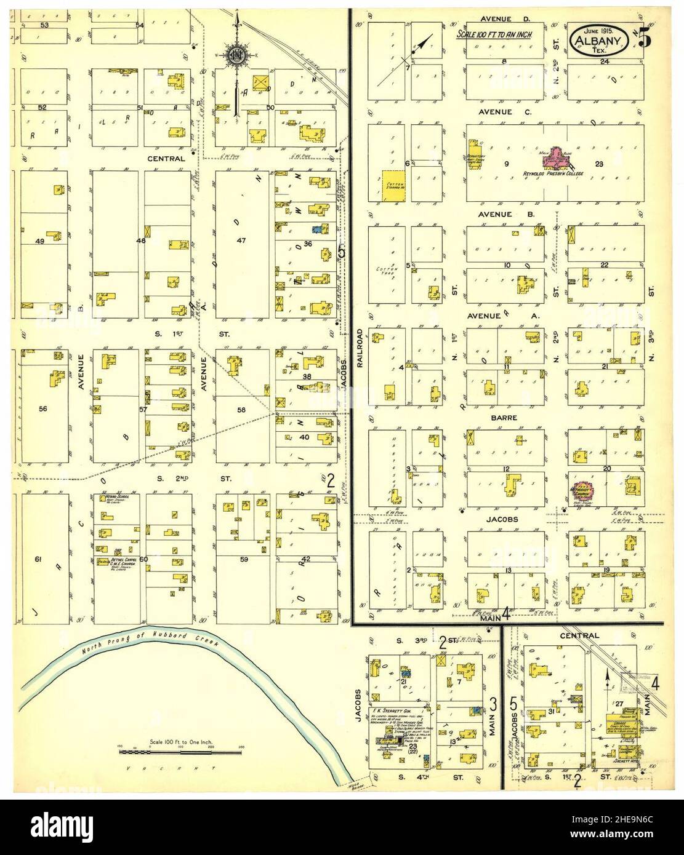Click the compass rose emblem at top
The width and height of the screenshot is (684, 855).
pyautogui.click(x=235, y=55)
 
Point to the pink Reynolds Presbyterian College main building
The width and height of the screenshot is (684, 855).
pyautogui.click(x=557, y=158)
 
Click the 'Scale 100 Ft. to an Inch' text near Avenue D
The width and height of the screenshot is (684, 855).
pyautogui.click(x=494, y=36)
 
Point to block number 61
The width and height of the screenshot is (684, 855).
pyautogui.click(x=38, y=559)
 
